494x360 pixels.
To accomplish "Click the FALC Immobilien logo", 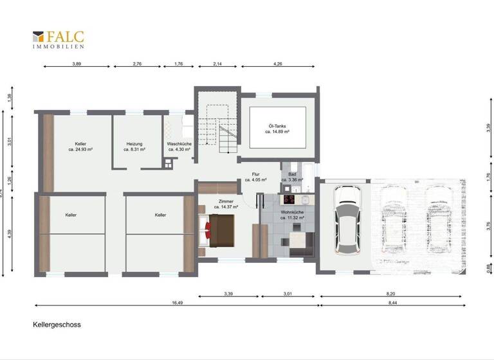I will point(59,39).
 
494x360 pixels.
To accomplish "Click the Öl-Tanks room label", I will point(277,129).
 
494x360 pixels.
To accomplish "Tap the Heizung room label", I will point(134,146).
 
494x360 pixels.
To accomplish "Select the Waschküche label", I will point(179,146).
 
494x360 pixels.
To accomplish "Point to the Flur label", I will point(255,177).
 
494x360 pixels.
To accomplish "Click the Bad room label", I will point(291,177).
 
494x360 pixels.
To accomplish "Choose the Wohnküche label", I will point(292,215).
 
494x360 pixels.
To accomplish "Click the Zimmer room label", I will point(226,204).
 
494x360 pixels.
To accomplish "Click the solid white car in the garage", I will point(347,221).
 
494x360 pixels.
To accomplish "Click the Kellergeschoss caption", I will point(57,325).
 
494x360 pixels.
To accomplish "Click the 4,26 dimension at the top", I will point(278,64).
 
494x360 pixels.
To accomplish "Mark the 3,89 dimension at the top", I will point(77,64).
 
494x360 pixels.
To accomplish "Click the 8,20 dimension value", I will point(390,293).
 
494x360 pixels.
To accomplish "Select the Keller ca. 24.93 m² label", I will point(80,146).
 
